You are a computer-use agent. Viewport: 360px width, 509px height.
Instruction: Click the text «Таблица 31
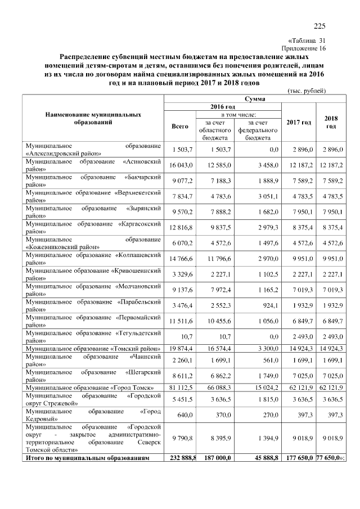tap(307, 40)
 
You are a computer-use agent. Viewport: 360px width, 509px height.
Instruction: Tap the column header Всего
tap(179, 127)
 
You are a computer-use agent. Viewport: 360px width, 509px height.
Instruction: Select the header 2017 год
tap(298, 123)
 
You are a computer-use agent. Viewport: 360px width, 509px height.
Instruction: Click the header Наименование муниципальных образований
tap(93, 118)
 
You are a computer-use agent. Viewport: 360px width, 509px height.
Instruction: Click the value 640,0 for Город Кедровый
tap(186, 415)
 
